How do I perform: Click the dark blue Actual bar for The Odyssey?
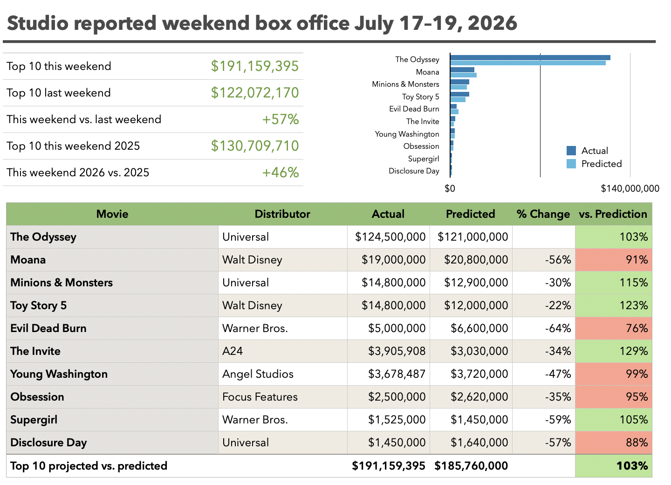(x=530, y=58)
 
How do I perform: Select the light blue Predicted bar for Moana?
(x=463, y=75)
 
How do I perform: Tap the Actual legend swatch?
(x=571, y=151)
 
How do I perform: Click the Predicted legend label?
(x=602, y=164)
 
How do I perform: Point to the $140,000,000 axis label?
(x=630, y=188)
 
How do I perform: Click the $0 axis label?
(x=450, y=188)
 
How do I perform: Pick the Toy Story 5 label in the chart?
(x=421, y=97)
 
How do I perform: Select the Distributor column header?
(x=282, y=214)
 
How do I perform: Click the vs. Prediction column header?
(x=613, y=214)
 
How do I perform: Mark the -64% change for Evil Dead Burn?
(x=558, y=328)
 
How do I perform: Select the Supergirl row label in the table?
(x=34, y=420)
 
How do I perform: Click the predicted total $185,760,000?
(x=471, y=466)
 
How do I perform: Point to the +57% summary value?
(x=281, y=119)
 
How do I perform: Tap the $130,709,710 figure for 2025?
(x=254, y=146)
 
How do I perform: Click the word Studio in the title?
(x=38, y=23)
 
